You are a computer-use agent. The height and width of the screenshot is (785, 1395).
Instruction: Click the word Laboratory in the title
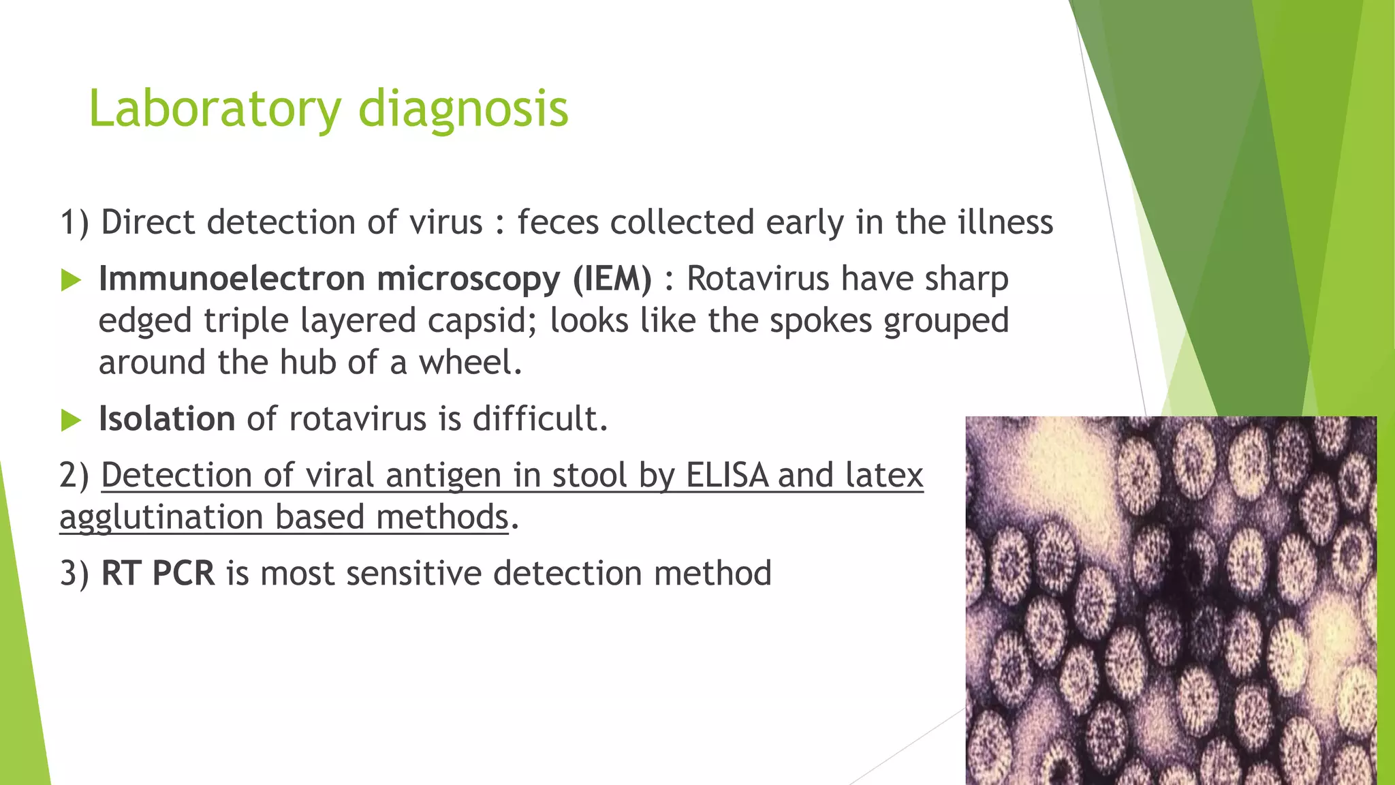click(x=215, y=109)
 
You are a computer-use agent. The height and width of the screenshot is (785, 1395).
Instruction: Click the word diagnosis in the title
click(x=463, y=109)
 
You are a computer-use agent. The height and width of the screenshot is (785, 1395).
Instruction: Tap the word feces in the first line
click(x=558, y=223)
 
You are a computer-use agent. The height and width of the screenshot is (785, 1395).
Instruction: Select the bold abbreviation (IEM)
click(x=612, y=279)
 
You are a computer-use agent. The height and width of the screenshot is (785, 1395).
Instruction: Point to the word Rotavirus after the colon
click(x=757, y=279)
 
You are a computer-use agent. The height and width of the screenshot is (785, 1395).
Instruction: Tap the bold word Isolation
click(x=167, y=418)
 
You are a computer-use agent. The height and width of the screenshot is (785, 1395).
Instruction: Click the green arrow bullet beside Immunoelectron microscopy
click(x=71, y=280)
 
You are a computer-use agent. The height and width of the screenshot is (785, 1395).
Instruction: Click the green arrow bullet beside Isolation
click(x=71, y=420)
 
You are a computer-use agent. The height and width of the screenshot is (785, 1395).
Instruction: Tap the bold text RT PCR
click(x=158, y=573)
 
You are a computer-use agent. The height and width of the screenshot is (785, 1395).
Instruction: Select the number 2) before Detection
click(x=74, y=475)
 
